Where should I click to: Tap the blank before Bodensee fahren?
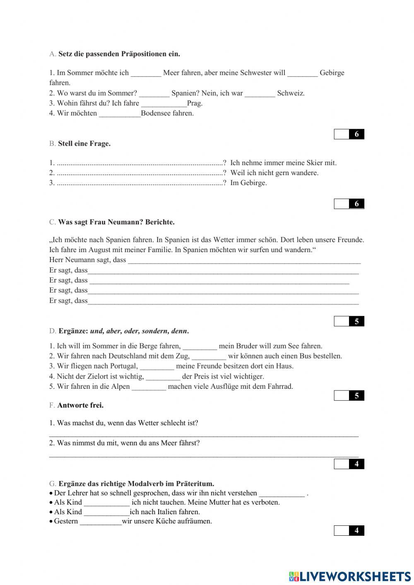click(x=120, y=114)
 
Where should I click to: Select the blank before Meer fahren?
click(x=146, y=73)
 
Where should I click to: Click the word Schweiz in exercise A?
click(x=291, y=93)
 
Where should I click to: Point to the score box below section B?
click(x=349, y=204)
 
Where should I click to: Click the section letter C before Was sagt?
click(x=52, y=222)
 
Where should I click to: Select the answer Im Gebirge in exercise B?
click(x=248, y=183)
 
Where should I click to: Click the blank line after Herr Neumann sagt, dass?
click(x=244, y=261)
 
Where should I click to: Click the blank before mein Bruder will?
click(x=200, y=347)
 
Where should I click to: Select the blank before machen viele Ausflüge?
click(x=149, y=387)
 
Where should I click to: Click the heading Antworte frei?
click(x=80, y=405)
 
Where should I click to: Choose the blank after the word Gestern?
click(x=101, y=522)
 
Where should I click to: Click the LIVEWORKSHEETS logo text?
click(x=355, y=577)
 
